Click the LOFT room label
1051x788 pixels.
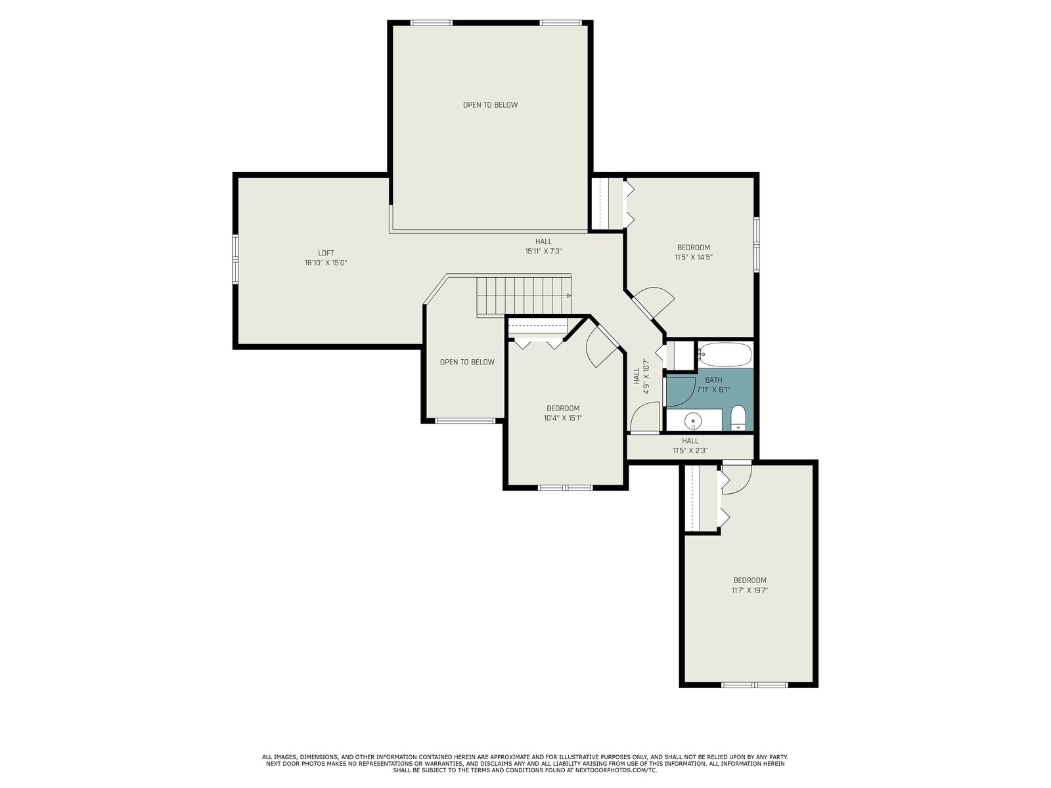tap(326, 253)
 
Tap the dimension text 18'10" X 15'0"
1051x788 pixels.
tap(326, 263)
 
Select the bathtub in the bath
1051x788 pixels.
tap(725, 355)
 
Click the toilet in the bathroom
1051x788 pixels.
tap(738, 418)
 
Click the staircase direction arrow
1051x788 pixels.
tap(569, 295)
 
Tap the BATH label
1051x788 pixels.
tap(713, 380)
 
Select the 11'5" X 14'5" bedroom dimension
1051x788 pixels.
tap(693, 257)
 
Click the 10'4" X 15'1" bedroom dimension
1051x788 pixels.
tap(562, 418)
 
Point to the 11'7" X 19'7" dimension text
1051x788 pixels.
tap(749, 590)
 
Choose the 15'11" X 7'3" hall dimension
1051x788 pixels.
tap(543, 252)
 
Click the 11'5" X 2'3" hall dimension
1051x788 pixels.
tap(690, 450)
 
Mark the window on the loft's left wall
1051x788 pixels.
tap(235, 259)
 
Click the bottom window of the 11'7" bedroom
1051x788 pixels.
tap(754, 685)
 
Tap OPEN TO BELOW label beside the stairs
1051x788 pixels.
tap(467, 362)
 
